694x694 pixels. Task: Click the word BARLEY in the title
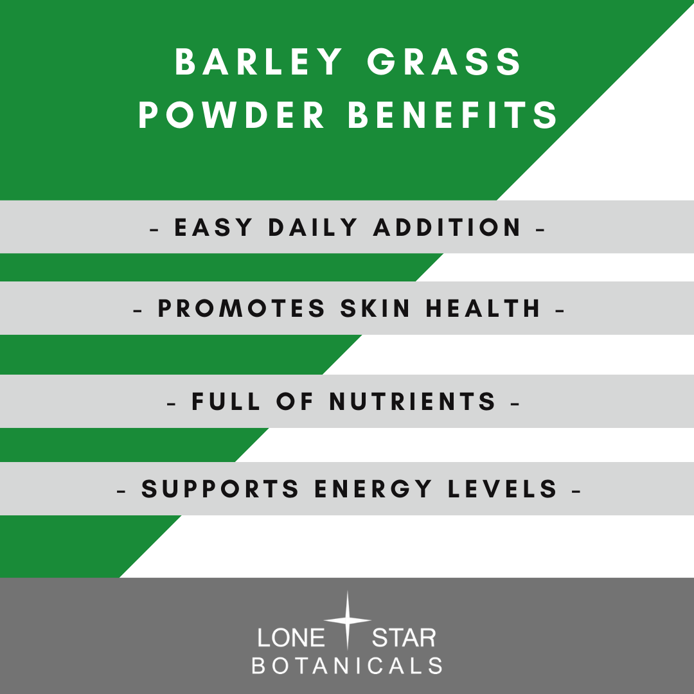pos(260,63)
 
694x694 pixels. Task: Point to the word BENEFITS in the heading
pos(452,116)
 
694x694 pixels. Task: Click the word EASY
pos(213,227)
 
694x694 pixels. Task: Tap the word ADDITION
pos(447,227)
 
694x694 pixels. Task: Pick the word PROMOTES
pos(242,309)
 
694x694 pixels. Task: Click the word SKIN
pos(376,309)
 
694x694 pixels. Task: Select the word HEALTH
pos(484,309)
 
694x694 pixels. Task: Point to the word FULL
pos(226,402)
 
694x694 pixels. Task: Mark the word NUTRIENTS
pos(413,402)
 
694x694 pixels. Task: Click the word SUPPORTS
pos(221,490)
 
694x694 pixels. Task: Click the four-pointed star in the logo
pos(347,621)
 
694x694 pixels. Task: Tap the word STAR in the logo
pos(404,638)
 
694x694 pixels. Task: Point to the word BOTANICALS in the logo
pos(347,666)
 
